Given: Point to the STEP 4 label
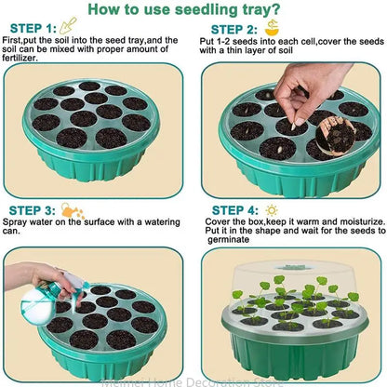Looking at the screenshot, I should click(x=234, y=210).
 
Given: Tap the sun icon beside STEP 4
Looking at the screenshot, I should click(x=273, y=209).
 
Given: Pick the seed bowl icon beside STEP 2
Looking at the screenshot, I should click(x=271, y=27).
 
